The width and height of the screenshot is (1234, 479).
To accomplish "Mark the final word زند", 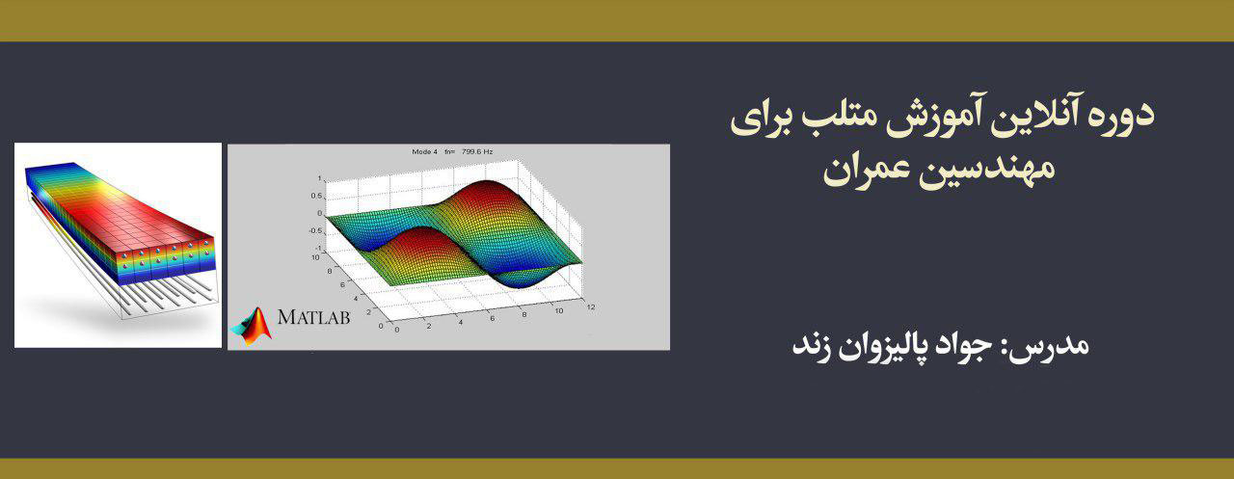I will coord(814,345).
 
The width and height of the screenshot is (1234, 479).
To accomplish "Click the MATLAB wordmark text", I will coord(313,316).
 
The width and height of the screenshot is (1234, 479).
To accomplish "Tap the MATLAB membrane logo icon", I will coord(253,325).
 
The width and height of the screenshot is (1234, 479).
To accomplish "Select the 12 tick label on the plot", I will coord(590,306).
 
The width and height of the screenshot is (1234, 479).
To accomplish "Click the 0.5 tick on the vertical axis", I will coord(316,196).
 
